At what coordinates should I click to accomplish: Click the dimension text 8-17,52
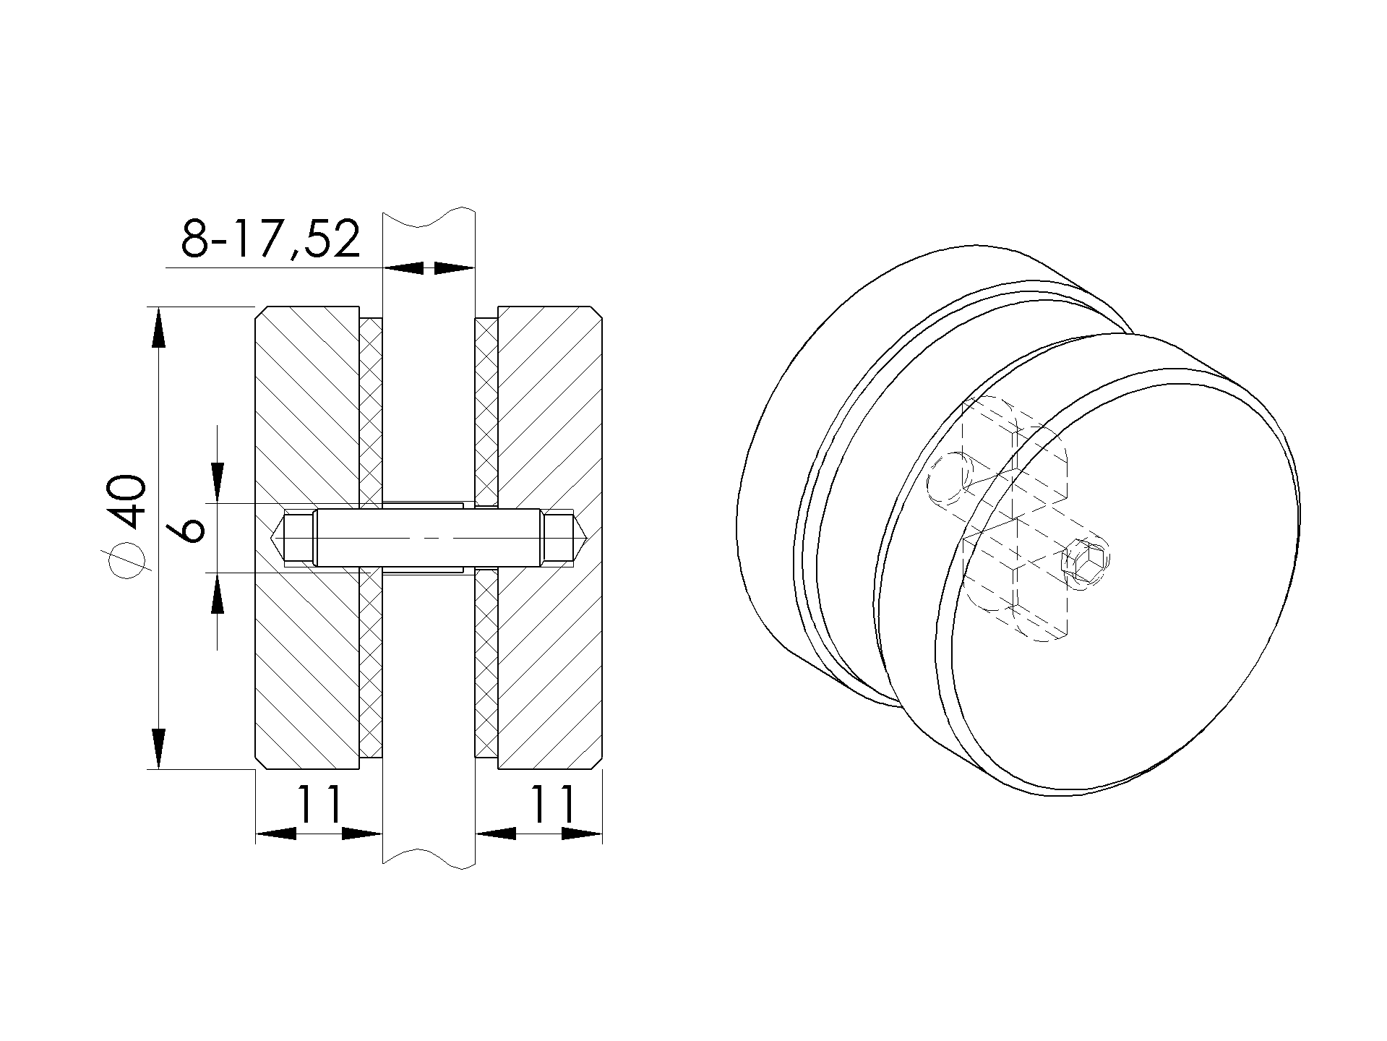(271, 239)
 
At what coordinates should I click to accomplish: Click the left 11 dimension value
(318, 805)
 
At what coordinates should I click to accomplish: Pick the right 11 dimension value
(554, 805)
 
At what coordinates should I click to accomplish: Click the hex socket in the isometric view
(1088, 562)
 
